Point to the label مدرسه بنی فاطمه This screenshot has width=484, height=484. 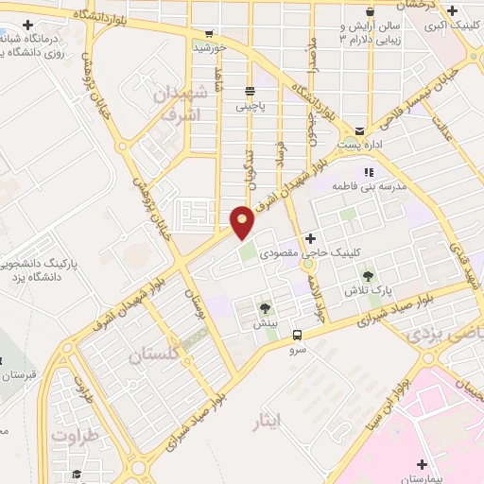(370, 187)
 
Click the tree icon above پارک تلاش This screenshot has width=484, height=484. (368, 276)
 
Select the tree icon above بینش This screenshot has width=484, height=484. (265, 307)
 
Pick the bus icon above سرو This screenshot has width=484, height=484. (297, 335)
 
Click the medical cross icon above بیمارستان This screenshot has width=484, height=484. (421, 464)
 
